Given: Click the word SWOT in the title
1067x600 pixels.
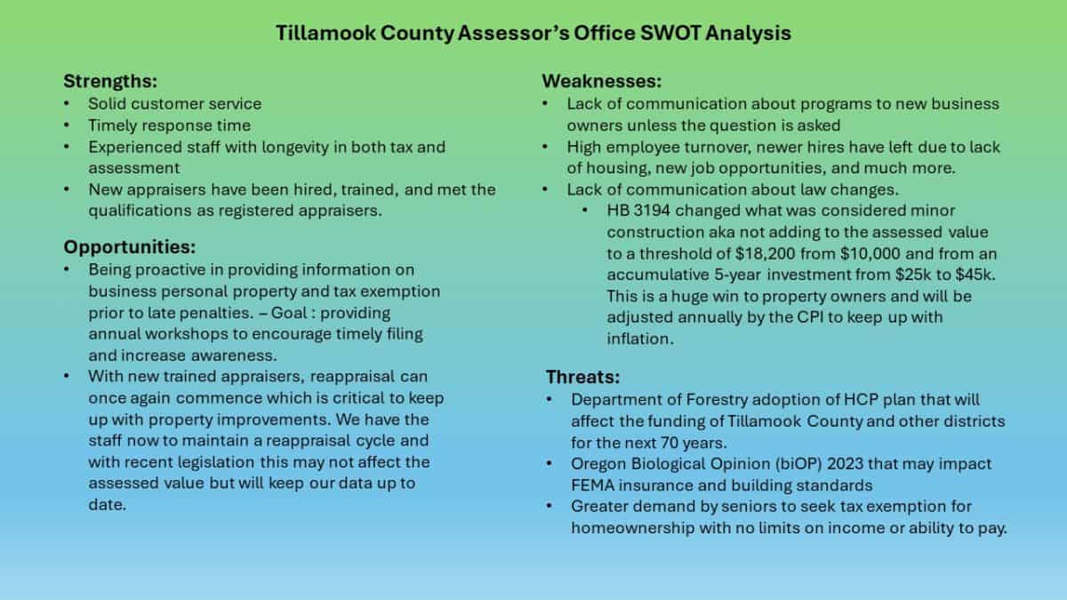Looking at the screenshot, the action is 670,34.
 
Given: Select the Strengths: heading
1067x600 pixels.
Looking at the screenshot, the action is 110,82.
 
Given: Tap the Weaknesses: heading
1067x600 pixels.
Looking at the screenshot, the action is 602,82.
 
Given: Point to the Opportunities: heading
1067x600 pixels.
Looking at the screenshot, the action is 130,247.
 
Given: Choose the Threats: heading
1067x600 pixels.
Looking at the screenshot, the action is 582,377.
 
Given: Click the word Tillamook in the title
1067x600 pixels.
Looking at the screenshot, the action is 325,34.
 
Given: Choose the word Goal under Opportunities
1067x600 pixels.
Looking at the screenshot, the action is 289,313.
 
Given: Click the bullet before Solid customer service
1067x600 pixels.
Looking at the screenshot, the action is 67,104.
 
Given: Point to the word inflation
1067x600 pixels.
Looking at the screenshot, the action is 640,339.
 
